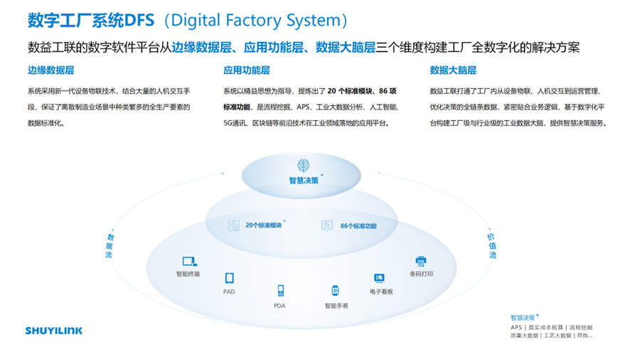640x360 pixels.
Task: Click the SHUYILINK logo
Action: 53,330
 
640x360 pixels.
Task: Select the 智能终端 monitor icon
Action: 188,261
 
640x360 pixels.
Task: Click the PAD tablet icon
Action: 229,278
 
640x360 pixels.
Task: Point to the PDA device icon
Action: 280,290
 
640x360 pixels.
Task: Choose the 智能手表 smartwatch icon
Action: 335,290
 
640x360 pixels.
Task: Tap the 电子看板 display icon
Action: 380,278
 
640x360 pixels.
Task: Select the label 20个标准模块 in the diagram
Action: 263,226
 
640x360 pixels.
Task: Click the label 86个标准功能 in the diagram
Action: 358,226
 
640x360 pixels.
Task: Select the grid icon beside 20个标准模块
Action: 233,226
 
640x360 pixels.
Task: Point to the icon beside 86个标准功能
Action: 327,226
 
